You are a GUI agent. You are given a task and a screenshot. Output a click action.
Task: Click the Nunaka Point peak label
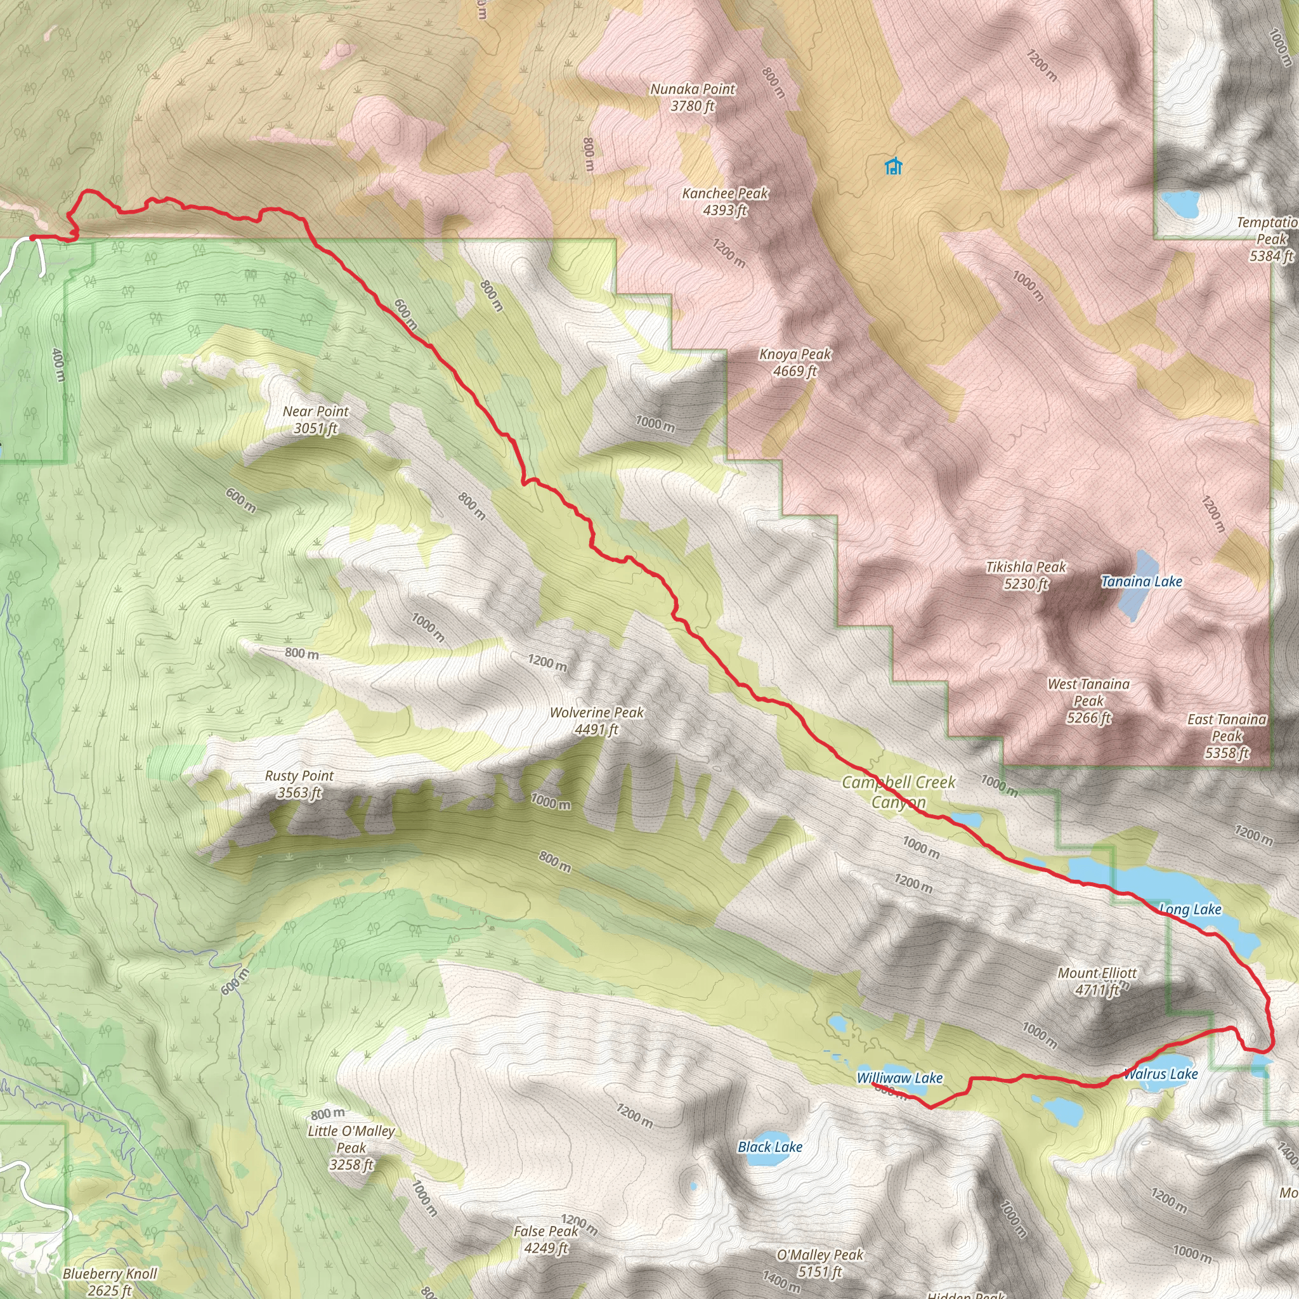693,98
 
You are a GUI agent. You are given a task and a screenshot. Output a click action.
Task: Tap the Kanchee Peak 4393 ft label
725,202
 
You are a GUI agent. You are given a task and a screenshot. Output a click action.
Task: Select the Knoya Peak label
795,362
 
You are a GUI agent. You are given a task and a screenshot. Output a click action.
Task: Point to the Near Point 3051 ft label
315,419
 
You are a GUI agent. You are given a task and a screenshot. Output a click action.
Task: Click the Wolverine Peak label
596,720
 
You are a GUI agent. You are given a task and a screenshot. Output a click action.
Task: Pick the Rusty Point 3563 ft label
299,784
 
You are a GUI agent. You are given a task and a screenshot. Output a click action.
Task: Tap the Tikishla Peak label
1026,575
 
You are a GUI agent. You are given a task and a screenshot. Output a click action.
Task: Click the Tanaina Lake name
1141,582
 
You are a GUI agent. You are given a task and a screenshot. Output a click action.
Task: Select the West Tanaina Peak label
1088,701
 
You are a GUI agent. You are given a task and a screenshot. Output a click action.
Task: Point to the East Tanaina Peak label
1227,736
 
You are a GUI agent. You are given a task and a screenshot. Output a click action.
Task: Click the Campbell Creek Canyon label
898,792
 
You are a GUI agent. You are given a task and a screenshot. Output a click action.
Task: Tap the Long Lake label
1190,910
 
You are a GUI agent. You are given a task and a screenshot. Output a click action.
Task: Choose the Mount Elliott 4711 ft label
1097,981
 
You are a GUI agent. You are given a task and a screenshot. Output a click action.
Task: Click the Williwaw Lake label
899,1078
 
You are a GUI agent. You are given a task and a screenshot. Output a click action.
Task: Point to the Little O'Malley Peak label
351,1147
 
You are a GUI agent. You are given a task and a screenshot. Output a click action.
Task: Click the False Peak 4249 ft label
546,1239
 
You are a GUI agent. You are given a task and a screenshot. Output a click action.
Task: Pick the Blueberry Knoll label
110,1281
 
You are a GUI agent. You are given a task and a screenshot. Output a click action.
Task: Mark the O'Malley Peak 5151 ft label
819,1263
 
